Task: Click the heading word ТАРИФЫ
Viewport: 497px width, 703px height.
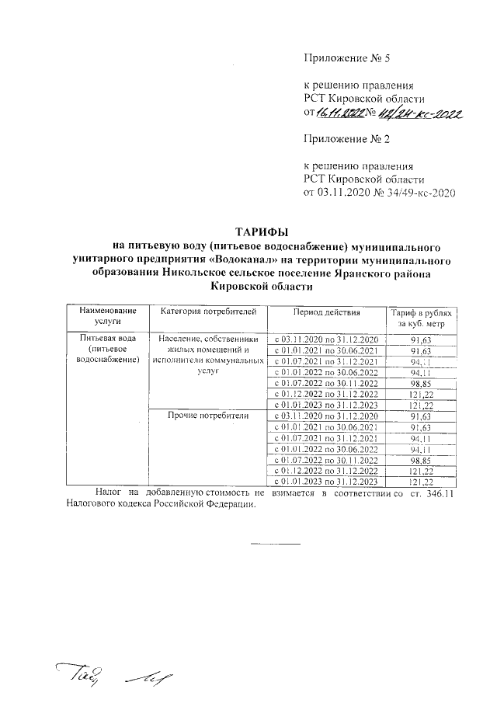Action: [262, 231]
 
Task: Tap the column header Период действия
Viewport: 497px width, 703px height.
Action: [326, 311]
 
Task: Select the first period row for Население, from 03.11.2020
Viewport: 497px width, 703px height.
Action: [326, 339]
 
